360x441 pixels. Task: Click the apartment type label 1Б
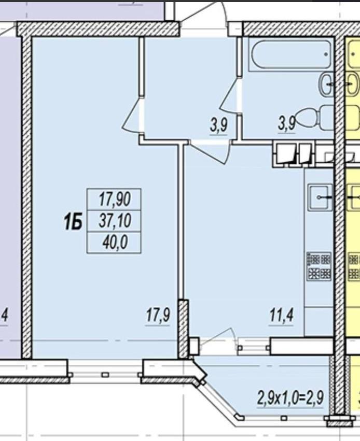click(x=73, y=221)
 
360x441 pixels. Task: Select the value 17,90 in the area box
click(x=115, y=199)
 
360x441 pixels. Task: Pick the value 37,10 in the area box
click(x=115, y=221)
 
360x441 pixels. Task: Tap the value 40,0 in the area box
click(x=115, y=243)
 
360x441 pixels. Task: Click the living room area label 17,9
click(x=158, y=315)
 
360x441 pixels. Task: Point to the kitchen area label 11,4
click(x=282, y=315)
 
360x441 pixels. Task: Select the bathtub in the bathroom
click(x=290, y=54)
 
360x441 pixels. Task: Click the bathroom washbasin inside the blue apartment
click(x=326, y=84)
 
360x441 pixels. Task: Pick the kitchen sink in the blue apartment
click(x=320, y=197)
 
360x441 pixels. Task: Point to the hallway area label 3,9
click(x=218, y=125)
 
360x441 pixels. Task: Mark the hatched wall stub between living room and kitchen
click(x=183, y=329)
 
